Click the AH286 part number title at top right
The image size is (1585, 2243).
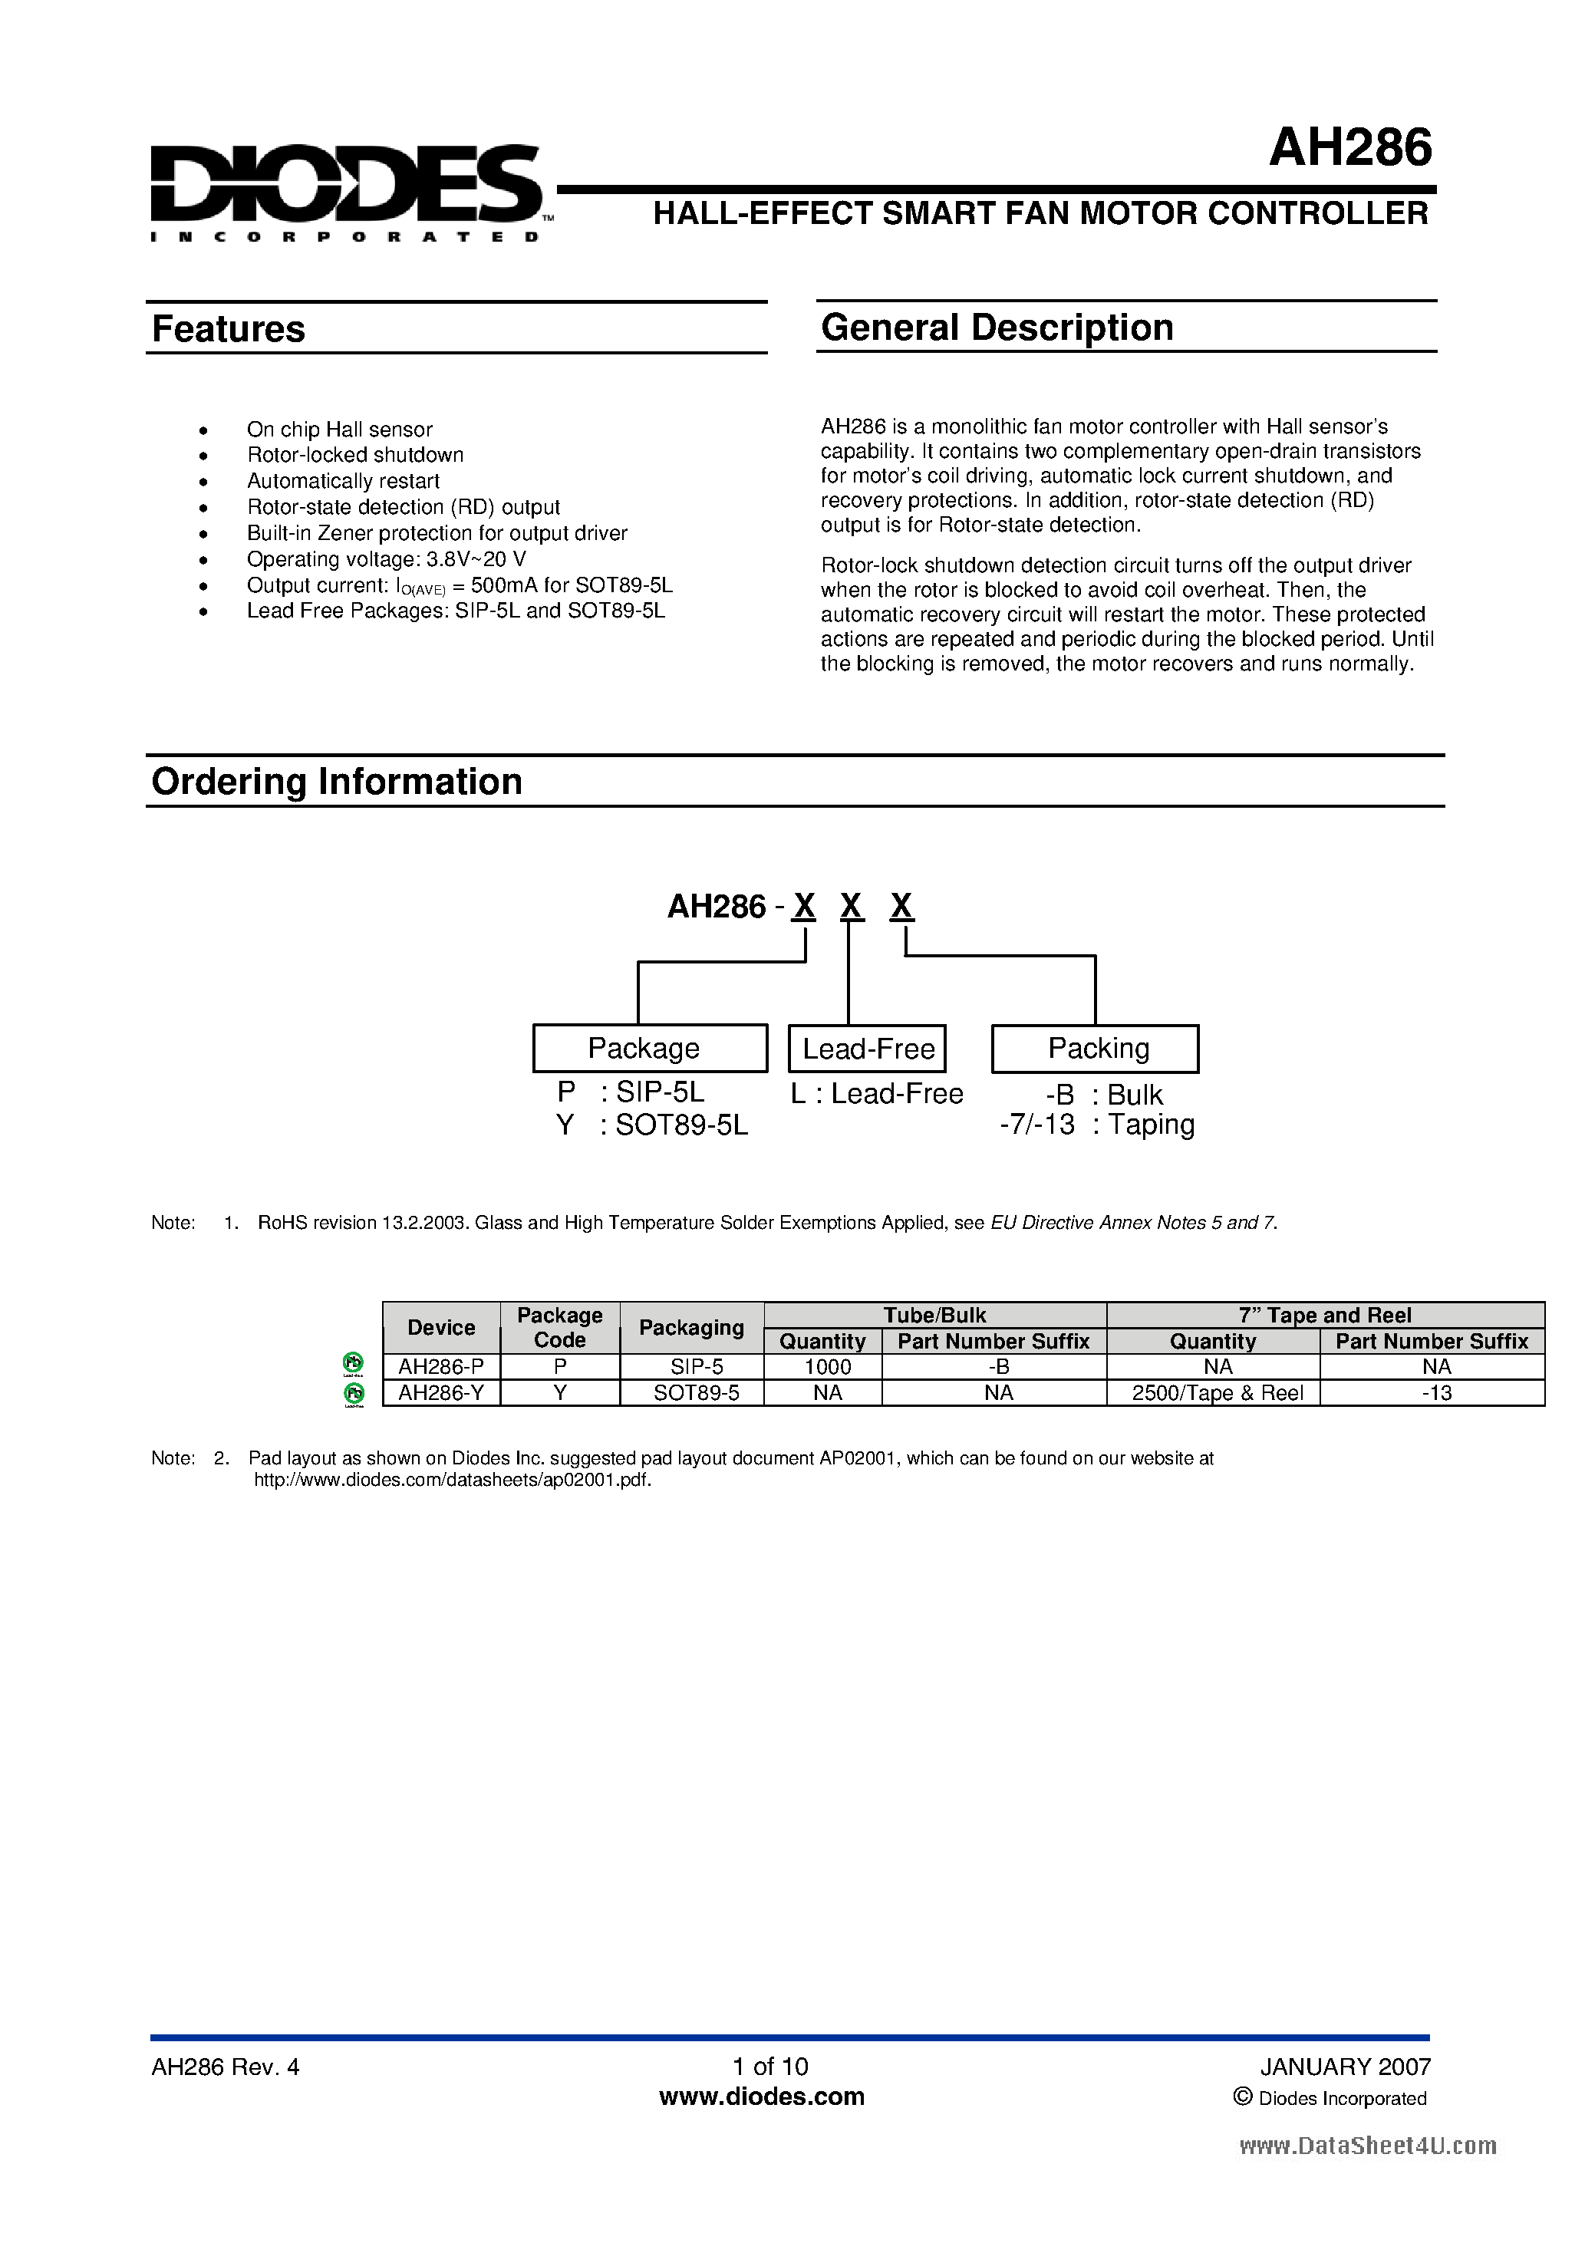(x=1349, y=149)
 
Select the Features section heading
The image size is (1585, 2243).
(x=229, y=329)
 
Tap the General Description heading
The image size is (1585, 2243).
(x=997, y=328)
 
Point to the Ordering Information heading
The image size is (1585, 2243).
(x=336, y=782)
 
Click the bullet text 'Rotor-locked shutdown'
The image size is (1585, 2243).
(x=354, y=455)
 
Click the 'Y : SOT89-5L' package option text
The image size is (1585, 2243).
(x=652, y=1125)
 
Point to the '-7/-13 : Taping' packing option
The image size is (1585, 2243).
(x=1096, y=1125)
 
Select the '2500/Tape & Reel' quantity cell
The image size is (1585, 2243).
(x=1217, y=1393)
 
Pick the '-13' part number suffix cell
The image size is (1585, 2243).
(x=1435, y=1393)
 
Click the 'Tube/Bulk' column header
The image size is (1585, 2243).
(x=934, y=1315)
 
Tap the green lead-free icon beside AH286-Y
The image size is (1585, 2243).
(x=354, y=1394)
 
